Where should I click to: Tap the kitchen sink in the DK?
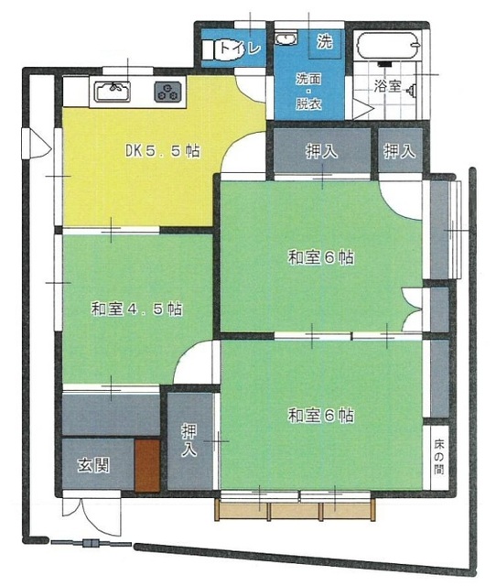click(113, 92)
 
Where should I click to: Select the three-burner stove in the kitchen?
click(168, 92)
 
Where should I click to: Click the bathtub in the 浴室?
click(387, 46)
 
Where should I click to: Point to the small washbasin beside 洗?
click(286, 38)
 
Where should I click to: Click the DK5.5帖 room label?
click(163, 151)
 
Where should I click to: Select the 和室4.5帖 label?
click(137, 309)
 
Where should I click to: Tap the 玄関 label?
click(93, 465)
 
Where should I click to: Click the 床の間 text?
click(439, 457)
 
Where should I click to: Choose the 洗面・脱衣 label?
click(309, 92)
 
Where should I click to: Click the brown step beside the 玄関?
click(147, 465)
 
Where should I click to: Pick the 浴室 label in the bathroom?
click(387, 86)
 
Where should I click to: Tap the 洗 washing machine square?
click(325, 41)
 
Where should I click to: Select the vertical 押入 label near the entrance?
click(189, 439)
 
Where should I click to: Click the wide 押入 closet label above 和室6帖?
click(321, 151)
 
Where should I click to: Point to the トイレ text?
click(240, 49)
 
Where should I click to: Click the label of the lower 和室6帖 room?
click(321, 415)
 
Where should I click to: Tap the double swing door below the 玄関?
click(92, 515)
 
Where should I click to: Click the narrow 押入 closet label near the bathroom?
click(400, 151)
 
